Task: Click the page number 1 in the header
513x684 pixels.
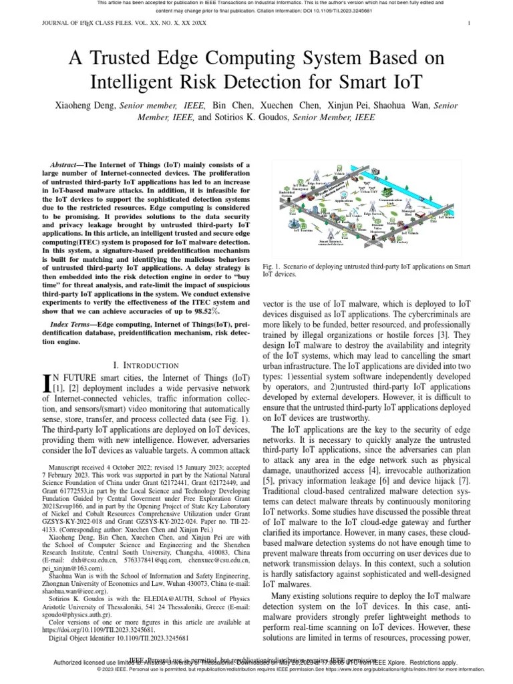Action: (470, 23)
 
